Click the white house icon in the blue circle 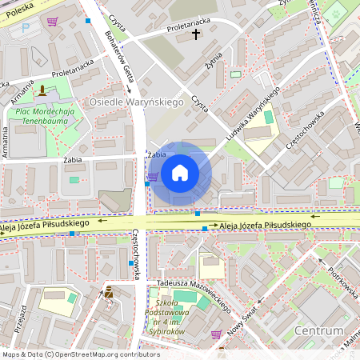click(x=180, y=172)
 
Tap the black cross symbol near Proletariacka click(x=196, y=35)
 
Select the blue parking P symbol click(x=25, y=27)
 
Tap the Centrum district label click(x=318, y=330)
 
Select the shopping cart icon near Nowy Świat click(x=215, y=334)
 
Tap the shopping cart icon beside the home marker click(x=152, y=176)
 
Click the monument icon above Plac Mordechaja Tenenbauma click(x=42, y=89)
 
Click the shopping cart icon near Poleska click(x=52, y=22)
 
